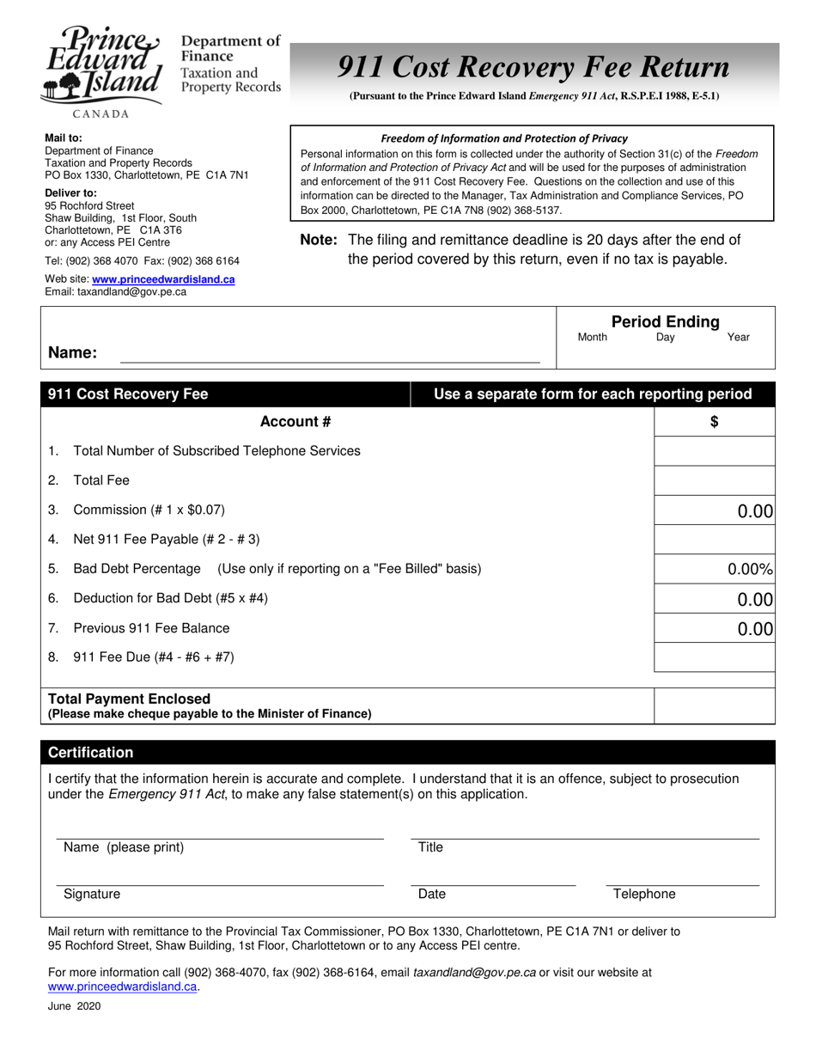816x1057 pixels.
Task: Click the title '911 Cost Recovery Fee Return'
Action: tap(533, 66)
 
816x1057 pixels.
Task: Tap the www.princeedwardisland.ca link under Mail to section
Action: tap(163, 279)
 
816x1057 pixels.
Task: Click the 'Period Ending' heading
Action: tap(665, 321)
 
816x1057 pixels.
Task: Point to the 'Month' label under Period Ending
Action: tap(593, 338)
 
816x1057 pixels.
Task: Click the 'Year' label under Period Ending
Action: tap(738, 338)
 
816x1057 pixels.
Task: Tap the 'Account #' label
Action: tap(295, 421)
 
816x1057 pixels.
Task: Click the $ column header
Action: tap(715, 421)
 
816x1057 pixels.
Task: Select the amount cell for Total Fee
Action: tap(715, 480)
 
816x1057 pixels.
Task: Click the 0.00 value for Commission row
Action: tap(755, 511)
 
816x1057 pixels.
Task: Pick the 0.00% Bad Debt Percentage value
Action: tap(750, 569)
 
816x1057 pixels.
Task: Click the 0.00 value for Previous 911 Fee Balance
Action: tap(755, 629)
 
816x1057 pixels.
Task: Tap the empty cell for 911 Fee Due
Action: tap(715, 657)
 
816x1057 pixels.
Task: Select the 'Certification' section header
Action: tap(91, 753)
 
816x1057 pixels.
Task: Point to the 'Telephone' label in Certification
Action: tap(644, 895)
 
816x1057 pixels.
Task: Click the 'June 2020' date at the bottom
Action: tap(74, 1006)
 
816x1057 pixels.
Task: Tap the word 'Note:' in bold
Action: tap(319, 241)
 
